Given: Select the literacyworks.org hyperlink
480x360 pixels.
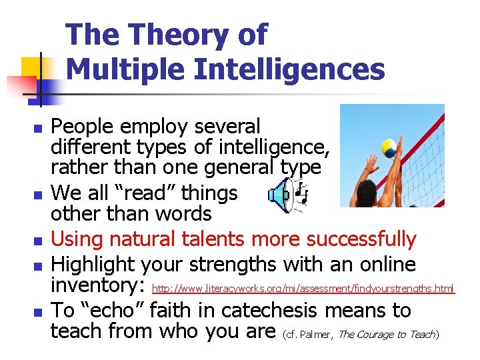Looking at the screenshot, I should pos(304,289).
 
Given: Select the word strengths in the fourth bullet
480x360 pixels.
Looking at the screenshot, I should pos(233,264).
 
